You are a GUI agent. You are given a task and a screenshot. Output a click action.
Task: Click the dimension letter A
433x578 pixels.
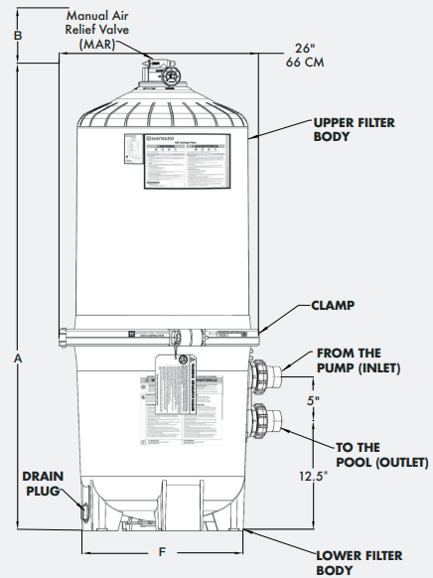click(x=17, y=360)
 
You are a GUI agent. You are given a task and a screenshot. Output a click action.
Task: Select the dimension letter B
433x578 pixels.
click(x=17, y=35)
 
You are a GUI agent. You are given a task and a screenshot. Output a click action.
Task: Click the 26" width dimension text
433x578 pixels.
click(x=305, y=48)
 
